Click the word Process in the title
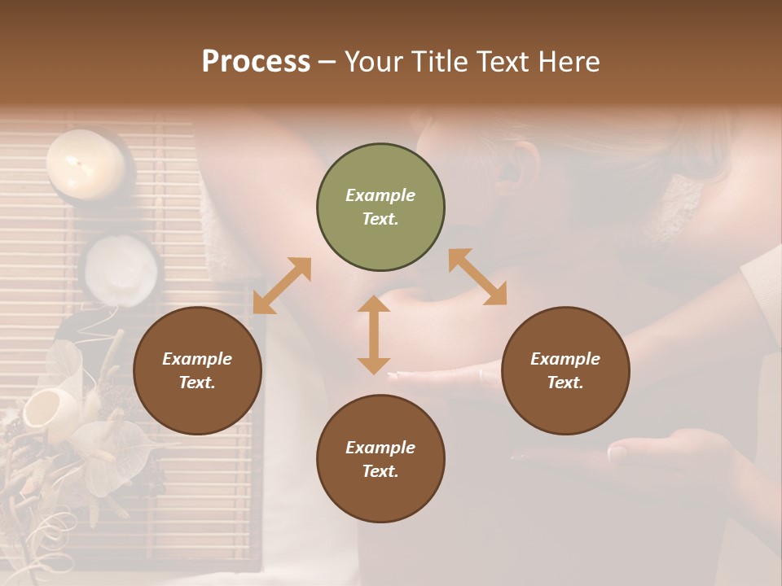pos(256,62)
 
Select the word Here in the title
pos(570,62)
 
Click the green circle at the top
pos(380,208)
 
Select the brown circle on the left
pos(197,370)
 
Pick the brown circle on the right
pos(565,370)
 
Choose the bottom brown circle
pos(380,459)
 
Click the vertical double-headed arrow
pos(374,335)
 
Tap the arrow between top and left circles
pos(282,286)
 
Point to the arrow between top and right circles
pos(477,277)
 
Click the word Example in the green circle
pos(380,195)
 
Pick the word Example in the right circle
pos(565,359)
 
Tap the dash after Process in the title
pos(327,62)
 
